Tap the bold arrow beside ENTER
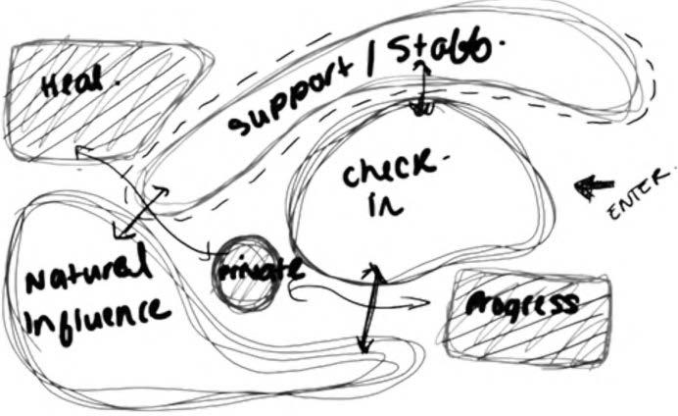coord(593,185)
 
